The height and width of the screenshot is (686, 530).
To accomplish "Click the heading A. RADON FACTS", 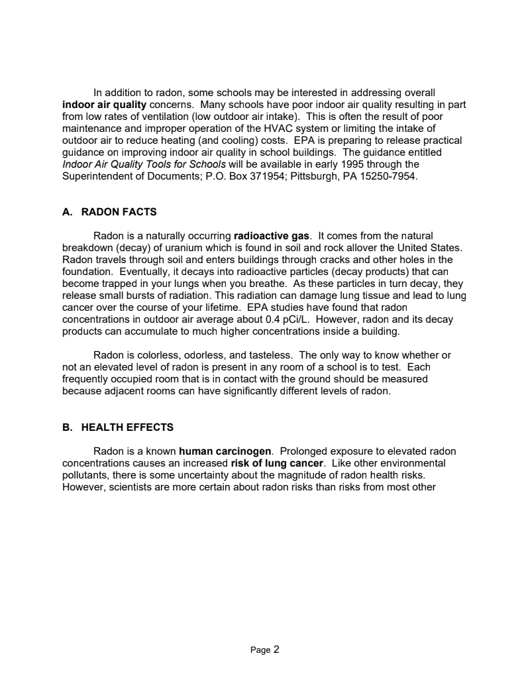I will click(109, 212).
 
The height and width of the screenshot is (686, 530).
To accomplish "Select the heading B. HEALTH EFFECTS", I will click(118, 428).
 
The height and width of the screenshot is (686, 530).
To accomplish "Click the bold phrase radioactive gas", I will click(272, 236).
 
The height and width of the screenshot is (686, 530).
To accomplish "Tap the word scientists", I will click(130, 487).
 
